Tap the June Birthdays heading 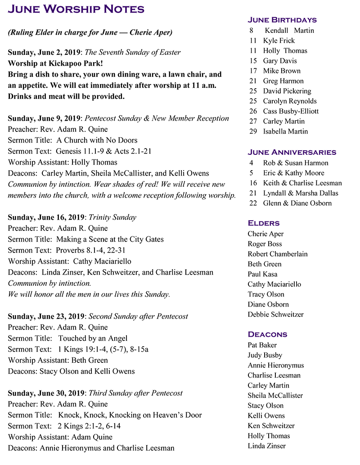(x=282, y=20)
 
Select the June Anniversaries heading (x=292, y=152)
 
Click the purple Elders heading (x=264, y=223)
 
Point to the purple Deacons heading (x=267, y=334)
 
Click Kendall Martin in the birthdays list (x=289, y=31)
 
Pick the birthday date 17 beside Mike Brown (x=253, y=71)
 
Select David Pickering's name (x=287, y=91)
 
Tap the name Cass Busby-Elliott (x=291, y=111)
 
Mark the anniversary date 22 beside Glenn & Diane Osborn (x=253, y=203)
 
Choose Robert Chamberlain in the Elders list (x=278, y=254)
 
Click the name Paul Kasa (x=262, y=274)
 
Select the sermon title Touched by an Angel (x=93, y=338)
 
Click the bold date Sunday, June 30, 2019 (x=46, y=393)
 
